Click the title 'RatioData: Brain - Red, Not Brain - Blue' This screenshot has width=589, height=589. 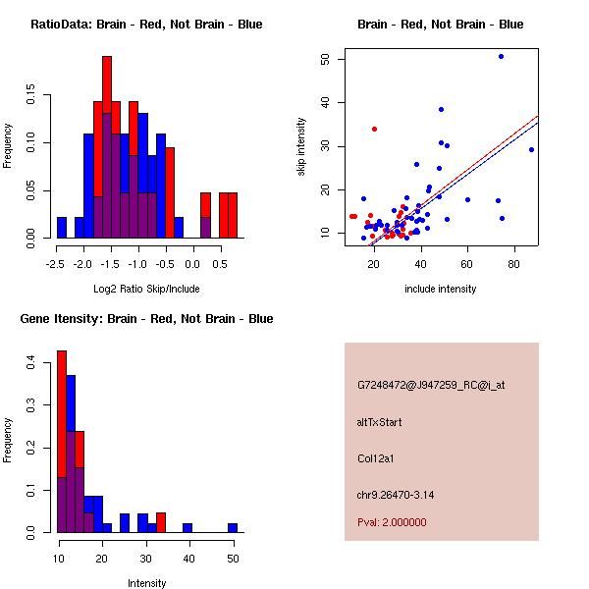tap(145, 25)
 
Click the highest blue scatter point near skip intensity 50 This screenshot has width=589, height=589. tap(501, 57)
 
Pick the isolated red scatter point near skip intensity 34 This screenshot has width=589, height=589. tap(374, 129)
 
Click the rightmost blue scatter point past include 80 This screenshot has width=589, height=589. tap(531, 150)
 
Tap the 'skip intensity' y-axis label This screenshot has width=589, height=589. tap(301, 147)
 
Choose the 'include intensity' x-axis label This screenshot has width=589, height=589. tap(441, 289)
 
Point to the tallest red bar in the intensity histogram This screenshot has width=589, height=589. tap(62, 442)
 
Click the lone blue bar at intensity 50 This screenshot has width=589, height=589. tap(233, 527)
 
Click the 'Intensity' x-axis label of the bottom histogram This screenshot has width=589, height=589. tap(147, 583)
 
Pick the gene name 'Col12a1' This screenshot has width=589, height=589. tap(376, 458)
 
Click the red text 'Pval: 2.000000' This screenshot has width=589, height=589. tap(392, 522)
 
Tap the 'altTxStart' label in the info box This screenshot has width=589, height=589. tap(380, 422)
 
